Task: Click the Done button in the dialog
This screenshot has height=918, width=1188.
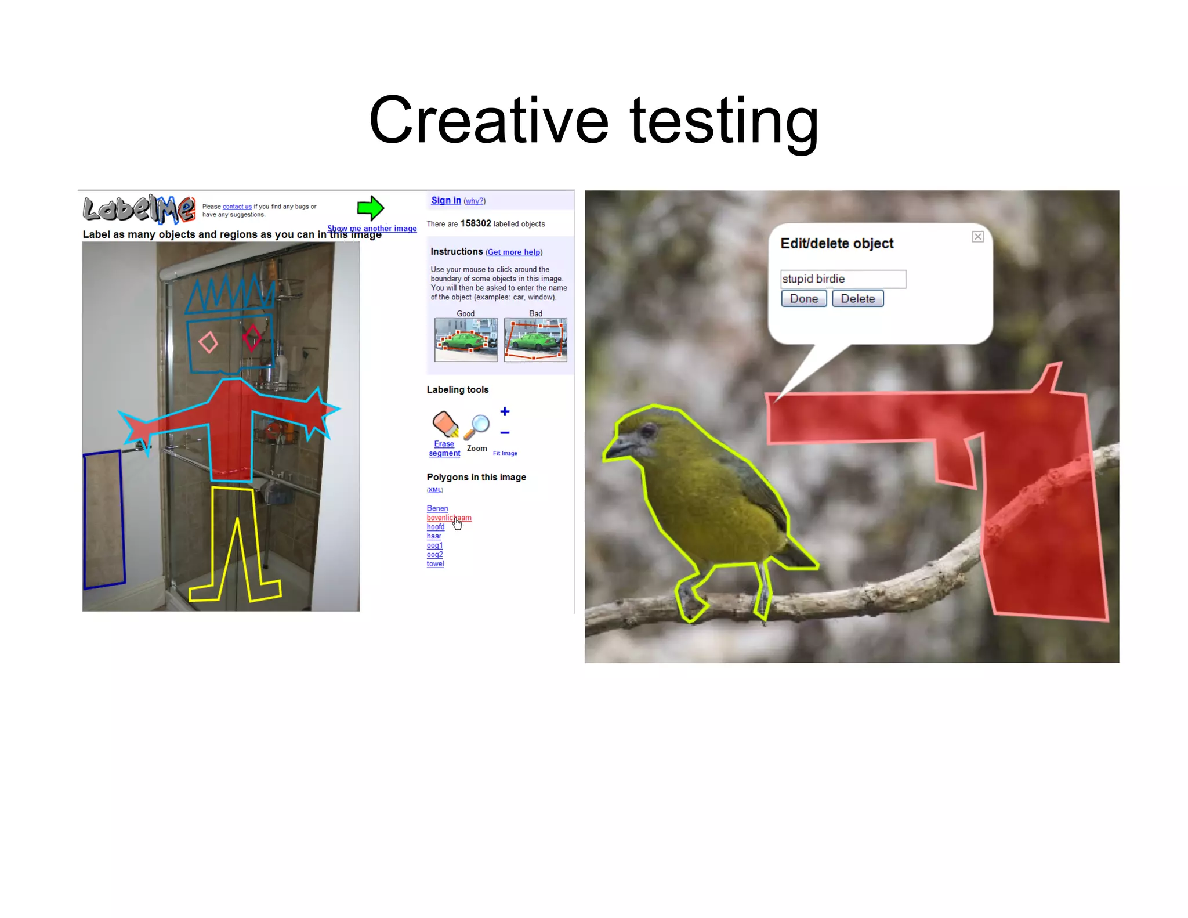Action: coord(803,298)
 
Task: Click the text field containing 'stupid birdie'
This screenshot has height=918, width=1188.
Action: coord(842,279)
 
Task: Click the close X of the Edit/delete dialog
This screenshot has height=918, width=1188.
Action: coord(977,237)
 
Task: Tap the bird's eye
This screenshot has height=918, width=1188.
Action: coord(648,431)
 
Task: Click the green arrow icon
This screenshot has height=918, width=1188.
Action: coord(371,208)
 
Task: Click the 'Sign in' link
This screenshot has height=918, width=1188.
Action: coord(445,200)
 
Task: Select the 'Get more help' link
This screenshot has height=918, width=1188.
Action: coord(514,252)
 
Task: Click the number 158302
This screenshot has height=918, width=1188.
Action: coord(476,223)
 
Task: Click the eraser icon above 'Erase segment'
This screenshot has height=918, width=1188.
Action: coord(445,423)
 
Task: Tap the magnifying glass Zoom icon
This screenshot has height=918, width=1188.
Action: coord(477,427)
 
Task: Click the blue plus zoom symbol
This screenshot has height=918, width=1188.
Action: coord(505,411)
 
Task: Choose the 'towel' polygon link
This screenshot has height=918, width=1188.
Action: coord(435,563)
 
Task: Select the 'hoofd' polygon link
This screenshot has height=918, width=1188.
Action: coord(436,527)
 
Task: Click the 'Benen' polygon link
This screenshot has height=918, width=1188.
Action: coord(437,508)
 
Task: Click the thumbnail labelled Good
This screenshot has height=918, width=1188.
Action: coord(466,339)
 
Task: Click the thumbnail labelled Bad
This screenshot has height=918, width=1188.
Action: coord(535,339)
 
